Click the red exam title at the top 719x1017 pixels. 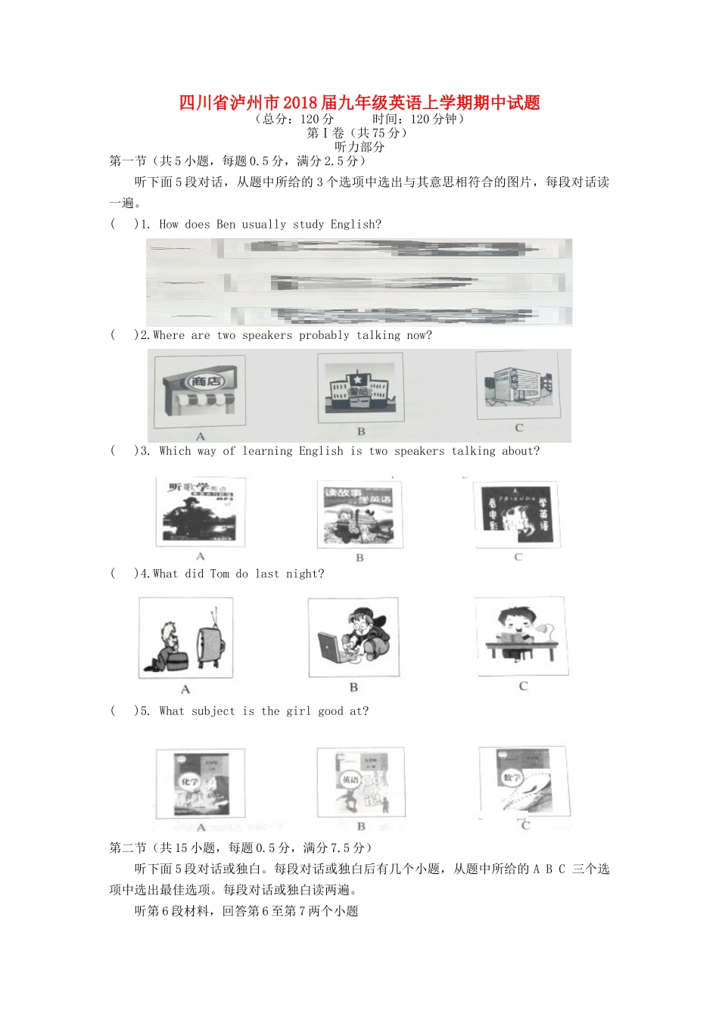point(359,103)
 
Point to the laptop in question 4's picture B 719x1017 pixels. point(331,648)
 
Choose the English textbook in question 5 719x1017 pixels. point(361,782)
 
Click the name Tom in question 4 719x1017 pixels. point(219,574)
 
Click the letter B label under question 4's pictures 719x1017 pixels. point(353,688)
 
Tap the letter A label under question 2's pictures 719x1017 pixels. point(201,437)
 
